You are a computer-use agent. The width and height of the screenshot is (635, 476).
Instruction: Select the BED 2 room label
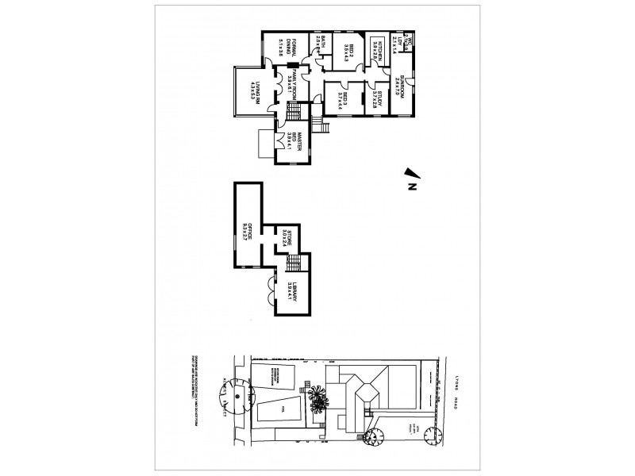pyautogui.click(x=347, y=50)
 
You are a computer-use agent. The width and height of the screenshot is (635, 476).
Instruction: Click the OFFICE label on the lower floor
pyautogui.click(x=248, y=231)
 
